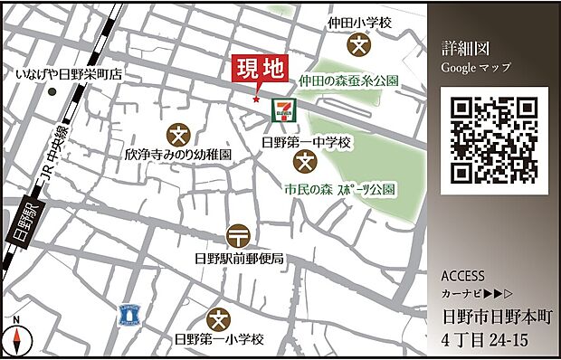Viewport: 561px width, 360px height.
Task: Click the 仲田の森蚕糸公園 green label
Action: [x=349, y=81]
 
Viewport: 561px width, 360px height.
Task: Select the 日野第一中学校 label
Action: [x=305, y=143]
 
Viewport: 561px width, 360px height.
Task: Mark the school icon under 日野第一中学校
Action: [x=306, y=163]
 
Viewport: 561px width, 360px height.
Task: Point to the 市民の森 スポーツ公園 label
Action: [x=339, y=191]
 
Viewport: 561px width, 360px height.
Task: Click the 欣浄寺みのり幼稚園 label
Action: [x=178, y=156]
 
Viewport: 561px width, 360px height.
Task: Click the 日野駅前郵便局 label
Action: [x=239, y=259]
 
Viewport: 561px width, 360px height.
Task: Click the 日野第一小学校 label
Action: [x=218, y=340]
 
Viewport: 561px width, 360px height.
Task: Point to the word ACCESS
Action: [x=463, y=277]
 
